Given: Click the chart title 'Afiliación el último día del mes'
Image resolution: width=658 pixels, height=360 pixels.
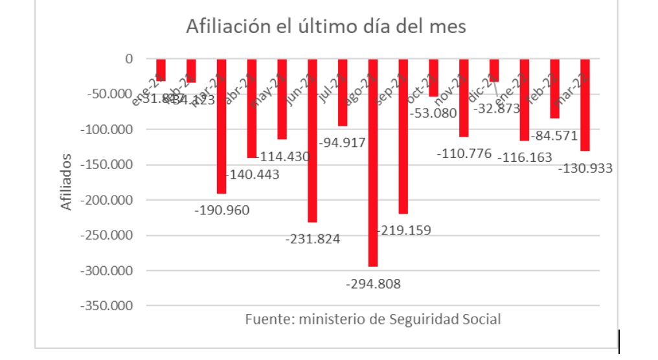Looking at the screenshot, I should tap(326, 27).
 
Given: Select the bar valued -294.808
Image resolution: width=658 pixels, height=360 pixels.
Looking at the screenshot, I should tap(373, 162).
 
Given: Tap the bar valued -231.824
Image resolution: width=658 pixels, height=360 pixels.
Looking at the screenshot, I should tap(312, 140).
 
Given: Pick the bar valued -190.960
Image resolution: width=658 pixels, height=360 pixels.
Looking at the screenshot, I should tap(221, 126).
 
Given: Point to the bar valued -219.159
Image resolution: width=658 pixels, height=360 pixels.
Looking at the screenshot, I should tap(403, 136).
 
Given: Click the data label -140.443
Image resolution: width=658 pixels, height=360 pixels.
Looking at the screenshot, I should tap(252, 175).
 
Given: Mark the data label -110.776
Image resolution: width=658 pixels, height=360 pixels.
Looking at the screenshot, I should tap(464, 154).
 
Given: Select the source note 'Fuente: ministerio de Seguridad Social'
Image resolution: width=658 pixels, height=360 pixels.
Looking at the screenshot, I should tap(373, 319).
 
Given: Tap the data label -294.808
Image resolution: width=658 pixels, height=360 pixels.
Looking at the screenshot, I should tap(373, 284).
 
